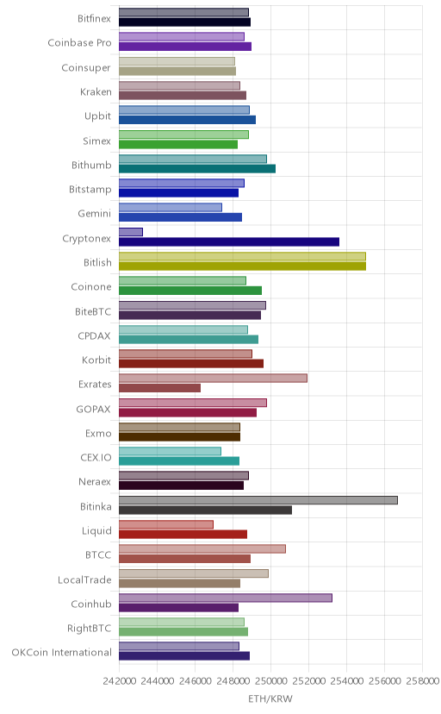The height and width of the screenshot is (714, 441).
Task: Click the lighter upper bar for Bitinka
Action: (x=258, y=500)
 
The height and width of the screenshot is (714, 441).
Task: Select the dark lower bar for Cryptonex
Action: (x=229, y=241)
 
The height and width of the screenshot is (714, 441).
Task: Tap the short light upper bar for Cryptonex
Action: (x=131, y=232)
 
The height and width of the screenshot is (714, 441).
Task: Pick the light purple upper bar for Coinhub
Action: (x=226, y=598)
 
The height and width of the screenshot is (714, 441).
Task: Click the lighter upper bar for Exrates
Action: (x=214, y=378)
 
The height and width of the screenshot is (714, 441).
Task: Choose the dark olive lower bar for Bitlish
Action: (x=242, y=266)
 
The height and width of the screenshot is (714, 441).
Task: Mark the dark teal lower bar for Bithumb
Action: (x=197, y=169)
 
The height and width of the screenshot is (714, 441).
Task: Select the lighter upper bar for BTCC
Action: (x=202, y=549)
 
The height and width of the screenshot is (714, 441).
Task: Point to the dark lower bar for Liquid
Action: (x=183, y=535)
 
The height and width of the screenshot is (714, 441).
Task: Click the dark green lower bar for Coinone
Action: (x=190, y=291)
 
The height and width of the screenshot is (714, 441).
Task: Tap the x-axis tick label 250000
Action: (x=270, y=680)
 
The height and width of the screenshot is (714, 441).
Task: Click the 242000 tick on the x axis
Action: (x=119, y=680)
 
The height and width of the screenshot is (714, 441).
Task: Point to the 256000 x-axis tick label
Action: (x=384, y=680)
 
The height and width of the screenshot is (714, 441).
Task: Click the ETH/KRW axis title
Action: (x=270, y=698)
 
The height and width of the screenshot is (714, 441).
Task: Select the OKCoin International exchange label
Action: (x=61, y=653)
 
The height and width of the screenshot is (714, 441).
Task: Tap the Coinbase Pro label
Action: (x=79, y=43)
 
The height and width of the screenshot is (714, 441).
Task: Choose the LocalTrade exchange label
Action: (x=84, y=579)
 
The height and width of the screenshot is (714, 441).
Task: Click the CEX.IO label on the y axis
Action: (x=96, y=458)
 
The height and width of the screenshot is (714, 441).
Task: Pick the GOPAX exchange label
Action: (x=94, y=409)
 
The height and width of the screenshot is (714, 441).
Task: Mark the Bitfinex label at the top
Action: (x=94, y=19)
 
